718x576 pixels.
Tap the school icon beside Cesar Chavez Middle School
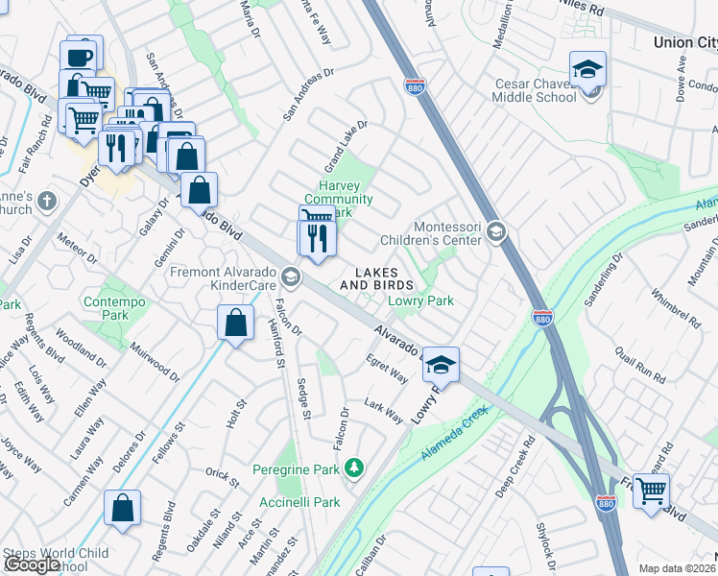[588, 70]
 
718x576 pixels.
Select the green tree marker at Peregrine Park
[355, 468]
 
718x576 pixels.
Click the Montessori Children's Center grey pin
[495, 231]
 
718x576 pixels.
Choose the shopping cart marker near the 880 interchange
[652, 490]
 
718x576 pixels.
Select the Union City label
[684, 42]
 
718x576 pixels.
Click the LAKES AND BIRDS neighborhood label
[377, 279]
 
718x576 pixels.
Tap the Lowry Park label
[420, 300]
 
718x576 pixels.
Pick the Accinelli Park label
[299, 502]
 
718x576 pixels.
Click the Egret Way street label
[387, 369]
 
